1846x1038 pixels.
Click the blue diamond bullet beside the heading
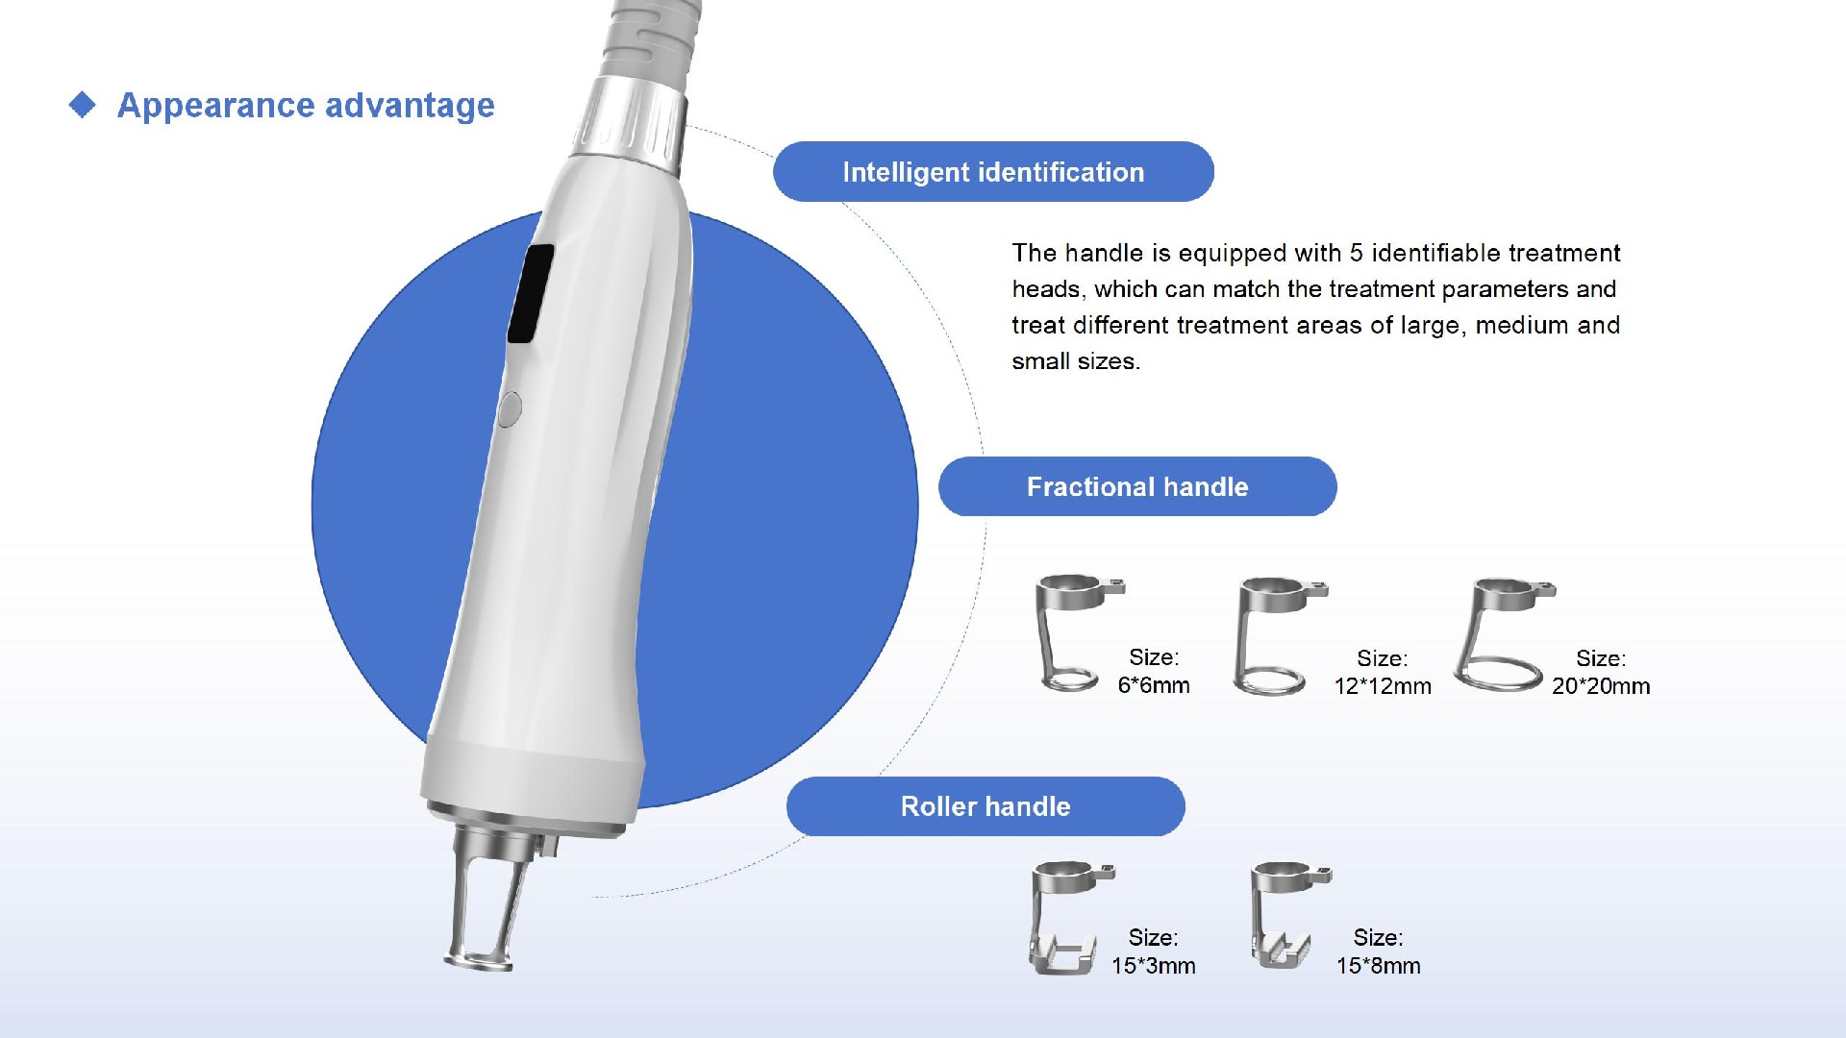[x=83, y=105]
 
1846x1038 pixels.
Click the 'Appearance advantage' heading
[x=306, y=106]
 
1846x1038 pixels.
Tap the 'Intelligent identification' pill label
[x=993, y=172]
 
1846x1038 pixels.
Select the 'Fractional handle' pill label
[x=1137, y=486]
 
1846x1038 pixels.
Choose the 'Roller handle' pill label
[x=985, y=806]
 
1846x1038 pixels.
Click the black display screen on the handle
[x=531, y=293]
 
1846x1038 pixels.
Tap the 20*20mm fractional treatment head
[x=1500, y=634]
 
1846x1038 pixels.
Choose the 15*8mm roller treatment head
[x=1285, y=913]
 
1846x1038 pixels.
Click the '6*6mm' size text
[x=1154, y=685]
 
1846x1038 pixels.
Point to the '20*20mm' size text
[x=1601, y=686]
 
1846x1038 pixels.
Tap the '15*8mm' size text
[x=1378, y=966]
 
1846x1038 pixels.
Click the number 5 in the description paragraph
[x=1356, y=253]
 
